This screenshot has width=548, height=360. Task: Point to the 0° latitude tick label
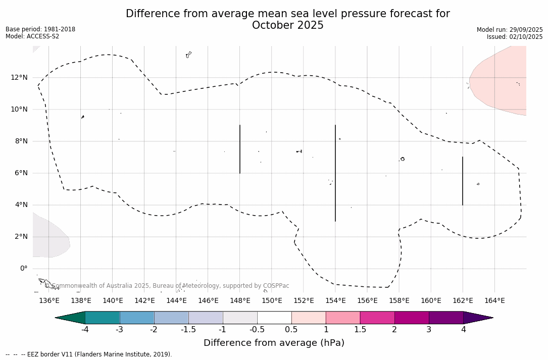pyautogui.click(x=23, y=269)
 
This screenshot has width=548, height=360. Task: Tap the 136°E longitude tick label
pyautogui.click(x=49, y=301)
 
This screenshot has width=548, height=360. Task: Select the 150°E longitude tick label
pyautogui.click(x=272, y=301)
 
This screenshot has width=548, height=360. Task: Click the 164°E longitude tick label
pyautogui.click(x=494, y=301)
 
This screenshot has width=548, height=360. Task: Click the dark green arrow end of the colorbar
pyautogui.click(x=71, y=318)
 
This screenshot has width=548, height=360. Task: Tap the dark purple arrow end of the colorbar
pyautogui.click(x=477, y=318)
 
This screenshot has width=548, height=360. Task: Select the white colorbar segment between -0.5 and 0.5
pyautogui.click(x=274, y=318)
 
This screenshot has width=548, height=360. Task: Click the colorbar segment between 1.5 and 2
pyautogui.click(x=377, y=318)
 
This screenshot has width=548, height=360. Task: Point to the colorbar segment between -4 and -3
pyautogui.click(x=103, y=318)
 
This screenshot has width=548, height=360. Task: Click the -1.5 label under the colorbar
pyautogui.click(x=188, y=330)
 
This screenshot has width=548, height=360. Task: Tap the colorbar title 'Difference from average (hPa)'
pyautogui.click(x=274, y=343)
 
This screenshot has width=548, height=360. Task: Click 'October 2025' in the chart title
pyautogui.click(x=288, y=25)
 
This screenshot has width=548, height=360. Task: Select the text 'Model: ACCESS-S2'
pyautogui.click(x=32, y=36)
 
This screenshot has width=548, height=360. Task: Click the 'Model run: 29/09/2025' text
pyautogui.click(x=510, y=30)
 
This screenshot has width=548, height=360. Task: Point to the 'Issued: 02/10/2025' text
pyautogui.click(x=515, y=37)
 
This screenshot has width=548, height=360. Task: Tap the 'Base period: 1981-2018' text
pyautogui.click(x=40, y=29)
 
